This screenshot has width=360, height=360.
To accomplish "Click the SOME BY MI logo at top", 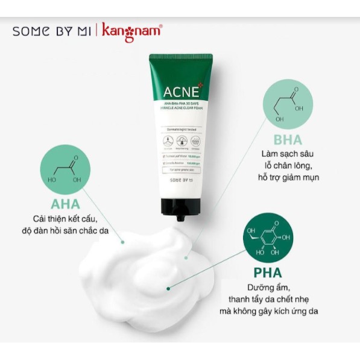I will pyautogui.click(x=51, y=31).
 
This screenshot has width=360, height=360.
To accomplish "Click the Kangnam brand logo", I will pyautogui.click(x=132, y=30).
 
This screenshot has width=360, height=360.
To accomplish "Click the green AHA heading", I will pyautogui.click(x=62, y=204).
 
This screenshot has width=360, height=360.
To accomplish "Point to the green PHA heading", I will pyautogui.click(x=268, y=272).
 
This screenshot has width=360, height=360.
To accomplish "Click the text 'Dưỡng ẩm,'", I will pyautogui.click(x=267, y=287).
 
